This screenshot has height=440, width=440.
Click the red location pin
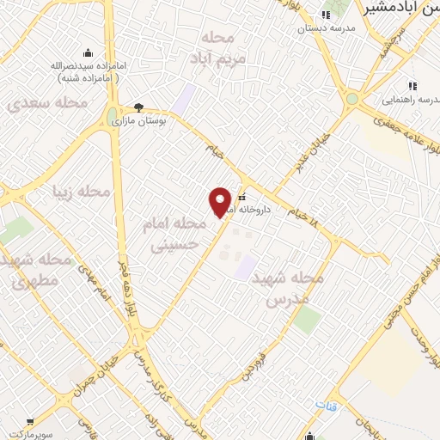[221, 202]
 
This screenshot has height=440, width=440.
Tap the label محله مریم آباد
[223, 47]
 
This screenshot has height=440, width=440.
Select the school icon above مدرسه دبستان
[325, 15]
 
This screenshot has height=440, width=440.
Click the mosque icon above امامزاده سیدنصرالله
[88, 52]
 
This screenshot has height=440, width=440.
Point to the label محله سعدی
[48, 103]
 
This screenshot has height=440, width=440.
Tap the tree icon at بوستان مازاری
[139, 107]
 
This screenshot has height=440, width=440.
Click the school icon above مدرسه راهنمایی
[413, 87]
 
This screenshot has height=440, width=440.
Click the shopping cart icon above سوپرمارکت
[30, 423]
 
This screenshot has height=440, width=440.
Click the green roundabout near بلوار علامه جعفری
[351, 100]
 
